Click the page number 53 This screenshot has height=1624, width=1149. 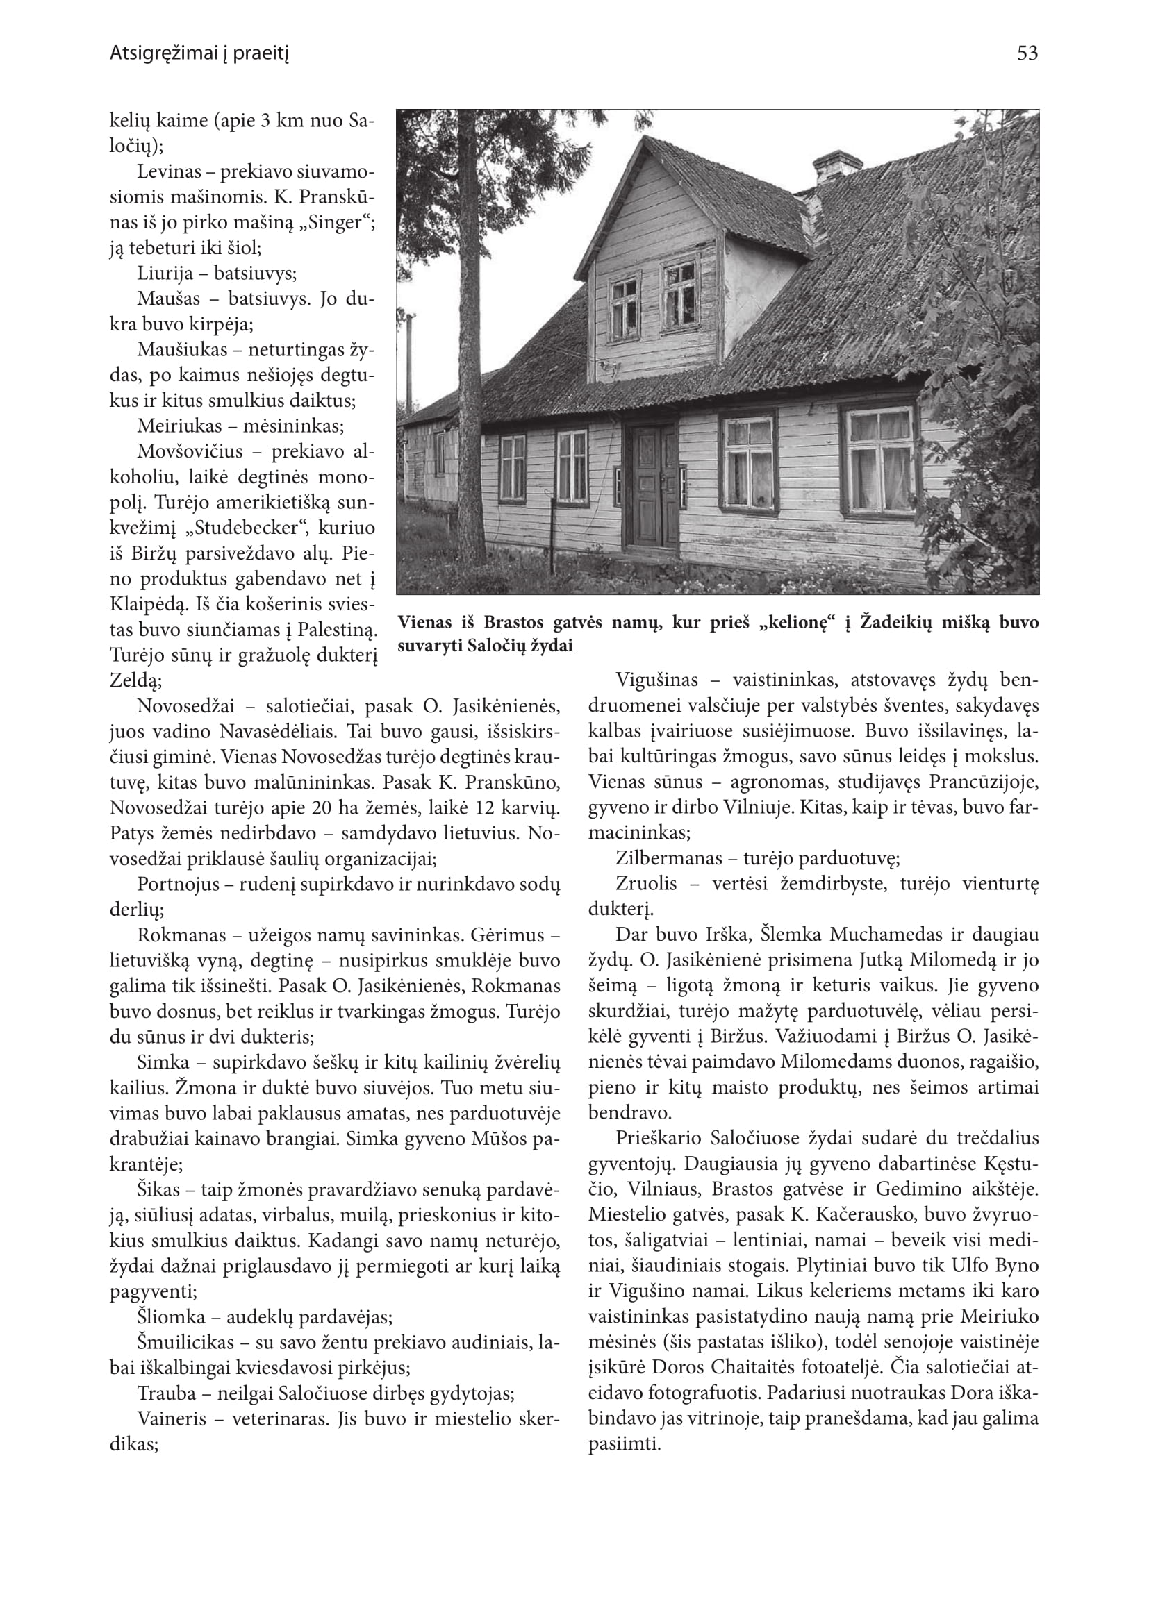click(1027, 53)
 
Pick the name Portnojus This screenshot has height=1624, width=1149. click(179, 885)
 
